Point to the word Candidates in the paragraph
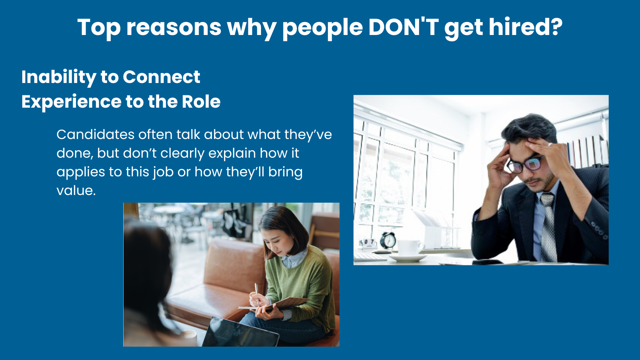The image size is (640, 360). pyautogui.click(x=95, y=134)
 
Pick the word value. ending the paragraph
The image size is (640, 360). pyautogui.click(x=76, y=191)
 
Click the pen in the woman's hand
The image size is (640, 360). pyautogui.click(x=256, y=294)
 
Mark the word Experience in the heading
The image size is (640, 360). pyautogui.click(x=71, y=102)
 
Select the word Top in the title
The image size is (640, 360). pyautogui.click(x=99, y=28)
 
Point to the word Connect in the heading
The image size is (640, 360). pyautogui.click(x=161, y=77)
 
